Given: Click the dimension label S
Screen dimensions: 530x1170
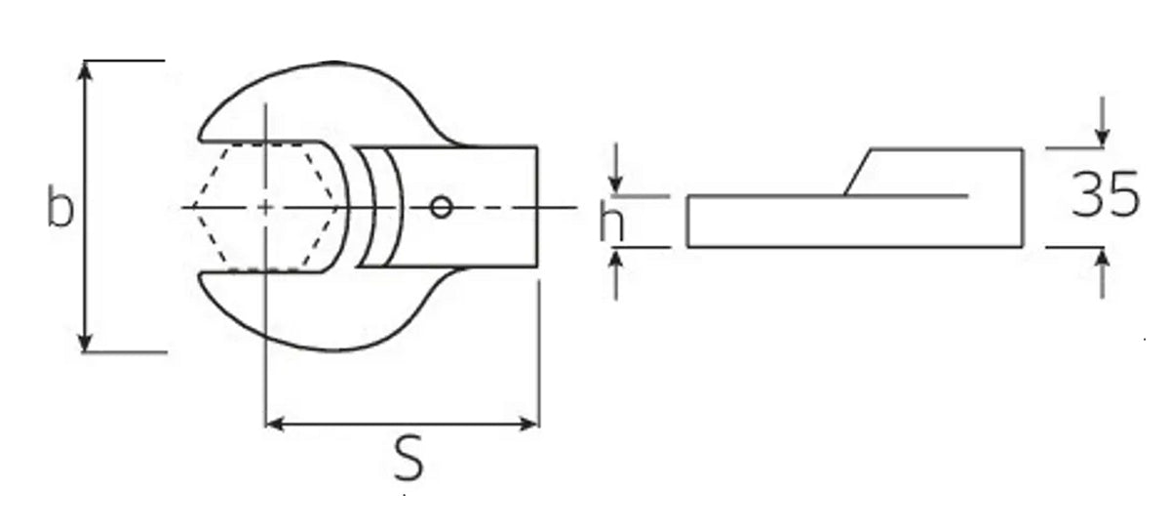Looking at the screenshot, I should [409, 459].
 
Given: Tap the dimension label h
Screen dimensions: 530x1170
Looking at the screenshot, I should [611, 224].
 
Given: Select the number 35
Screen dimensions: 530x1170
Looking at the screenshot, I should [1105, 195].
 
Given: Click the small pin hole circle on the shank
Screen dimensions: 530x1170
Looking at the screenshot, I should [441, 207].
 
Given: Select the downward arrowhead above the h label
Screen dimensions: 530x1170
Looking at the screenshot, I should [615, 185].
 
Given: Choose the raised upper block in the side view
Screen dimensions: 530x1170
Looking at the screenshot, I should [946, 172].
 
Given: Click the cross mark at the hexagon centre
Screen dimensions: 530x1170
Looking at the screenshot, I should [265, 207].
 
